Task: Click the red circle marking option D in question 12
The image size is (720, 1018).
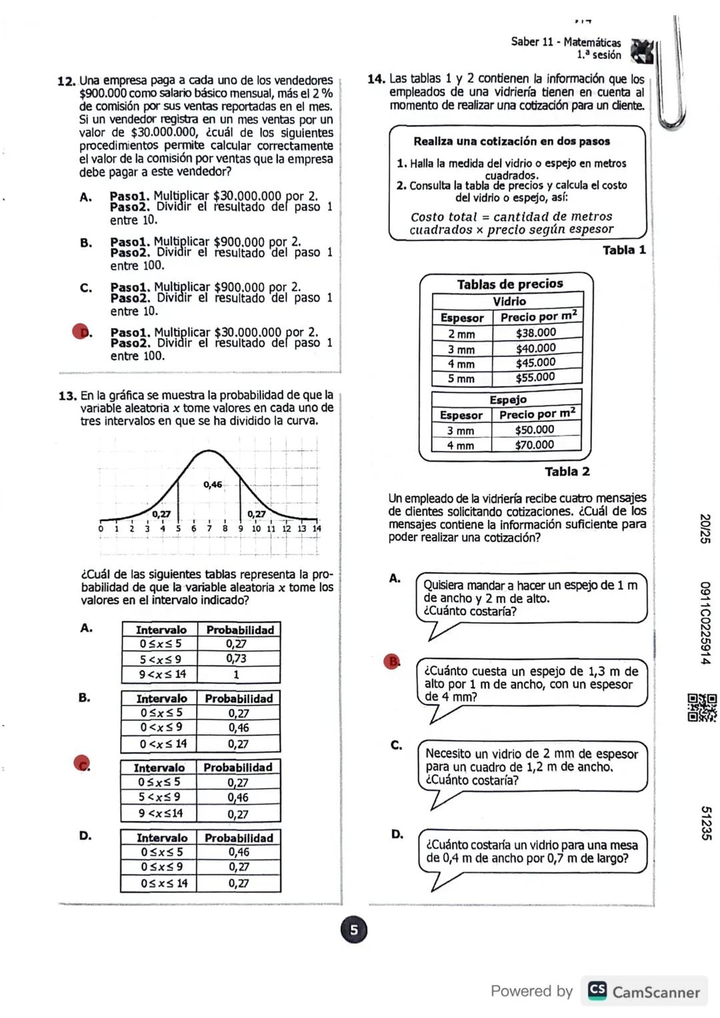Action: (80, 331)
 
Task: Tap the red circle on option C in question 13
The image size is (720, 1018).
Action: (81, 763)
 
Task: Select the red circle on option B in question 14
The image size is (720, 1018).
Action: (391, 661)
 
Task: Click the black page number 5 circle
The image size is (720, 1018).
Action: (354, 930)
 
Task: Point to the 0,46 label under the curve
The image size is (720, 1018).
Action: (213, 484)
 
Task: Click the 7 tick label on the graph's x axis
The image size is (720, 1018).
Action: (209, 528)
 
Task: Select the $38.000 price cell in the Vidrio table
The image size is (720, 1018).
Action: (535, 332)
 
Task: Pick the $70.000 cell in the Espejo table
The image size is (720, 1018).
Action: (534, 444)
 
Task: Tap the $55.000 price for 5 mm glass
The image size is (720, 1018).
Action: (535, 377)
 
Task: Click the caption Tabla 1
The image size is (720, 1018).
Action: (623, 250)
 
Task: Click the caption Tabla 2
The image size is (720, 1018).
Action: (567, 471)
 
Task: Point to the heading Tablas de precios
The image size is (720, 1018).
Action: (510, 284)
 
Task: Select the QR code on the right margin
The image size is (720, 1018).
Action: (702, 707)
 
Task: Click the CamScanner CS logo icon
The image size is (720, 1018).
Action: (597, 990)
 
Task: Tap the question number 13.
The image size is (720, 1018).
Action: (67, 396)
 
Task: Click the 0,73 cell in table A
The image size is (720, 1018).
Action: (236, 658)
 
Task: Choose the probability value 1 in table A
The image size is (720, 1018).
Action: (236, 674)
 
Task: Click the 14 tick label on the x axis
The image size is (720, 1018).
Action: (317, 528)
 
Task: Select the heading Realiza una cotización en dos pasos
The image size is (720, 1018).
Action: (511, 141)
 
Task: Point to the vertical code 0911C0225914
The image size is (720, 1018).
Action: (705, 623)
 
